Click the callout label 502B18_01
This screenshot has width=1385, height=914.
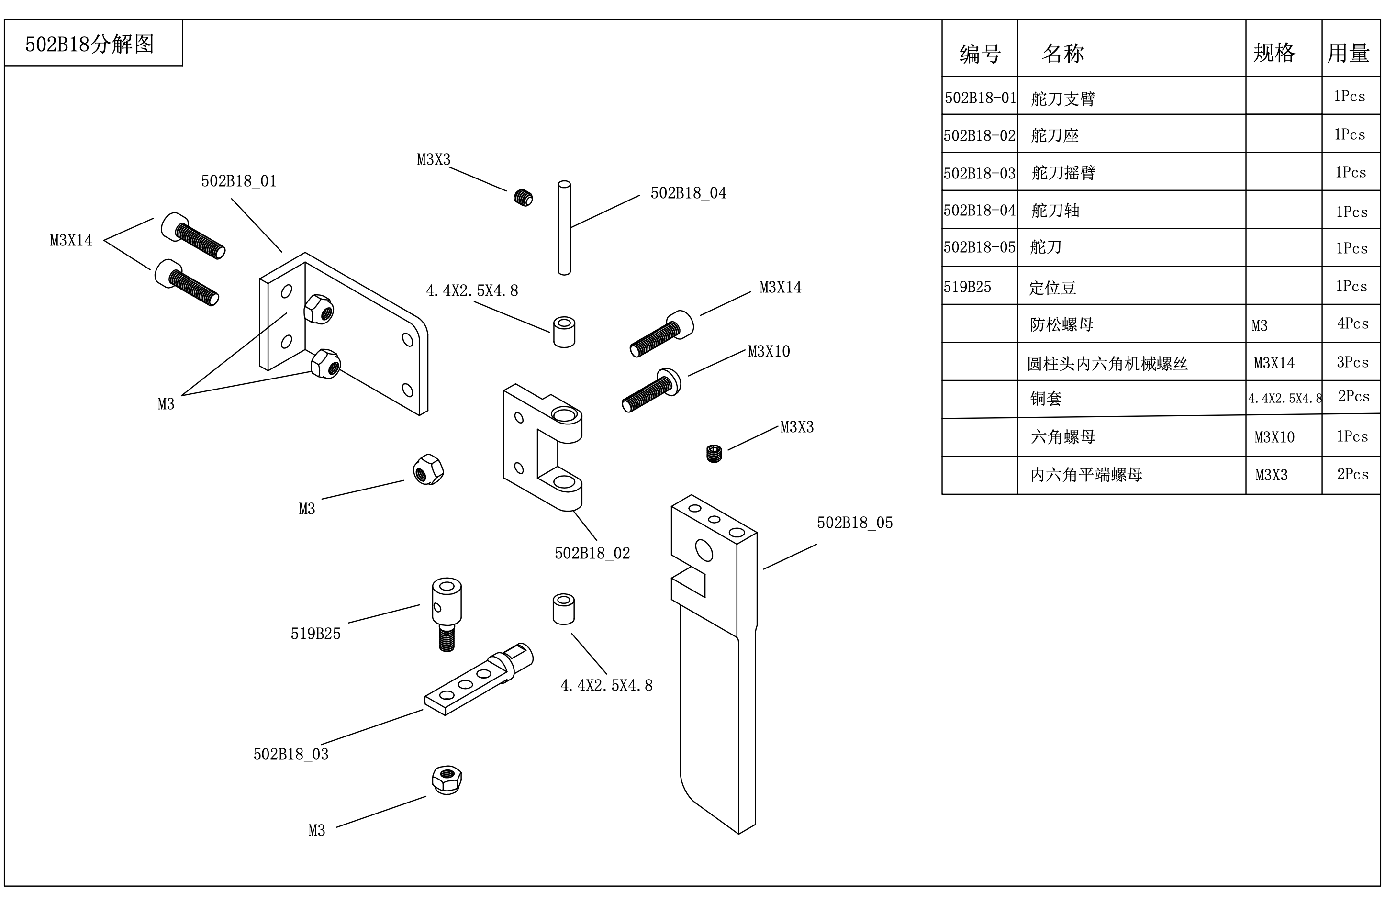click(x=238, y=181)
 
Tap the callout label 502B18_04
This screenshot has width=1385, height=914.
click(x=688, y=193)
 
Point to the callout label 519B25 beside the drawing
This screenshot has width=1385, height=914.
click(x=315, y=634)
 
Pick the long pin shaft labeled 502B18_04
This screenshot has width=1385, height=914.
click(x=564, y=227)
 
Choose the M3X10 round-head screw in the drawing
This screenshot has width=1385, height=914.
click(x=650, y=390)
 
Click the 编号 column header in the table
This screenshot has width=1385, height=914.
click(x=979, y=54)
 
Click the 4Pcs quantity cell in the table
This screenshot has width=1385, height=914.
click(x=1352, y=323)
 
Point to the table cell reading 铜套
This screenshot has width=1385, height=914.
click(x=1046, y=399)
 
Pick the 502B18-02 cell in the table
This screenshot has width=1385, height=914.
click(x=979, y=136)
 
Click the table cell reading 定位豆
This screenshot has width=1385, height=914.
click(x=1052, y=288)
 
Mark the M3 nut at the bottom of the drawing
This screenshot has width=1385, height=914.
click(x=447, y=780)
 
